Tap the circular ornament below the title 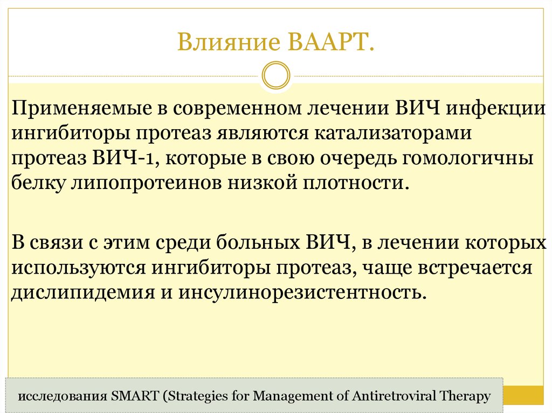(275, 75)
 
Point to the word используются (79, 268)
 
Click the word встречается (473, 268)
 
